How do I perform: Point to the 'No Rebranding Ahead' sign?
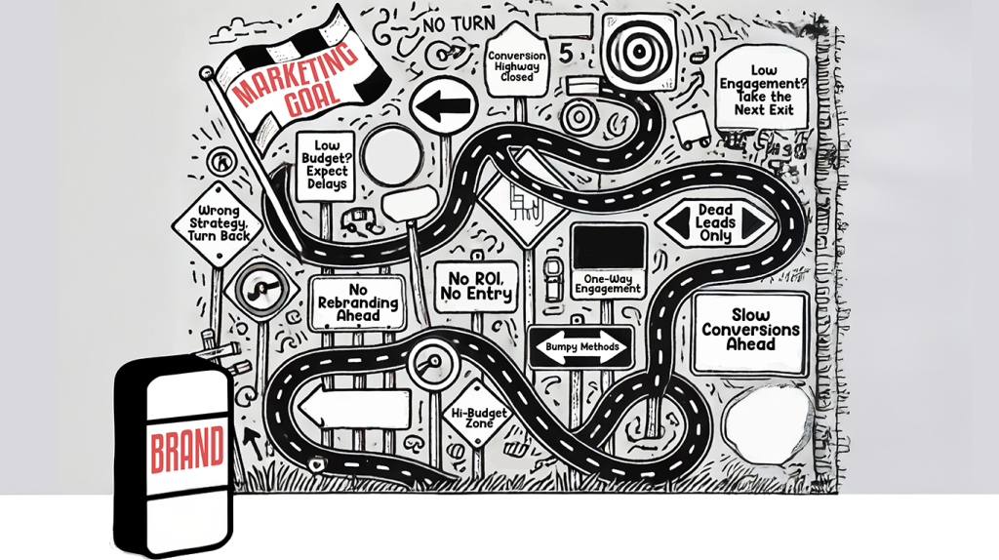pos(357,302)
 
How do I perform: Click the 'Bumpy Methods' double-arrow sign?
pos(580,347)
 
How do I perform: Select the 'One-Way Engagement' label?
pos(608,283)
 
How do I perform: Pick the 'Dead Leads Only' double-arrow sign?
pos(715,223)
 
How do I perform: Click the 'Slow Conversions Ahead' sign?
pos(750,331)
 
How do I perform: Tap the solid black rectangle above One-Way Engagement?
pos(609,246)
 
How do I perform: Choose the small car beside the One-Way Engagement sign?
pos(553,278)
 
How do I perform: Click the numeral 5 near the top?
pos(567,49)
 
